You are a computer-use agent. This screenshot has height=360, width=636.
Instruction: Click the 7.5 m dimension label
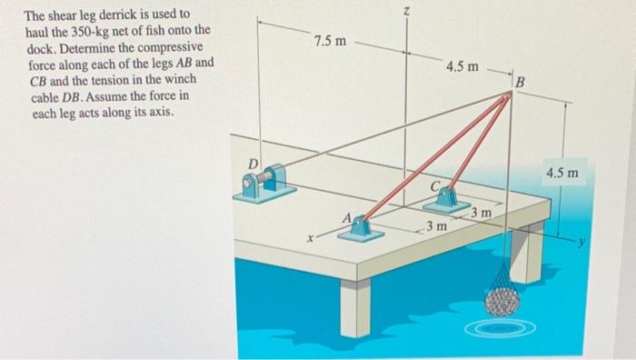[329, 42]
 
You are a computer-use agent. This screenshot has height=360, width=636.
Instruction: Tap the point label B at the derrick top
[520, 85]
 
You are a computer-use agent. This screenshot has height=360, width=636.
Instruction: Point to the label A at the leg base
[346, 217]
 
